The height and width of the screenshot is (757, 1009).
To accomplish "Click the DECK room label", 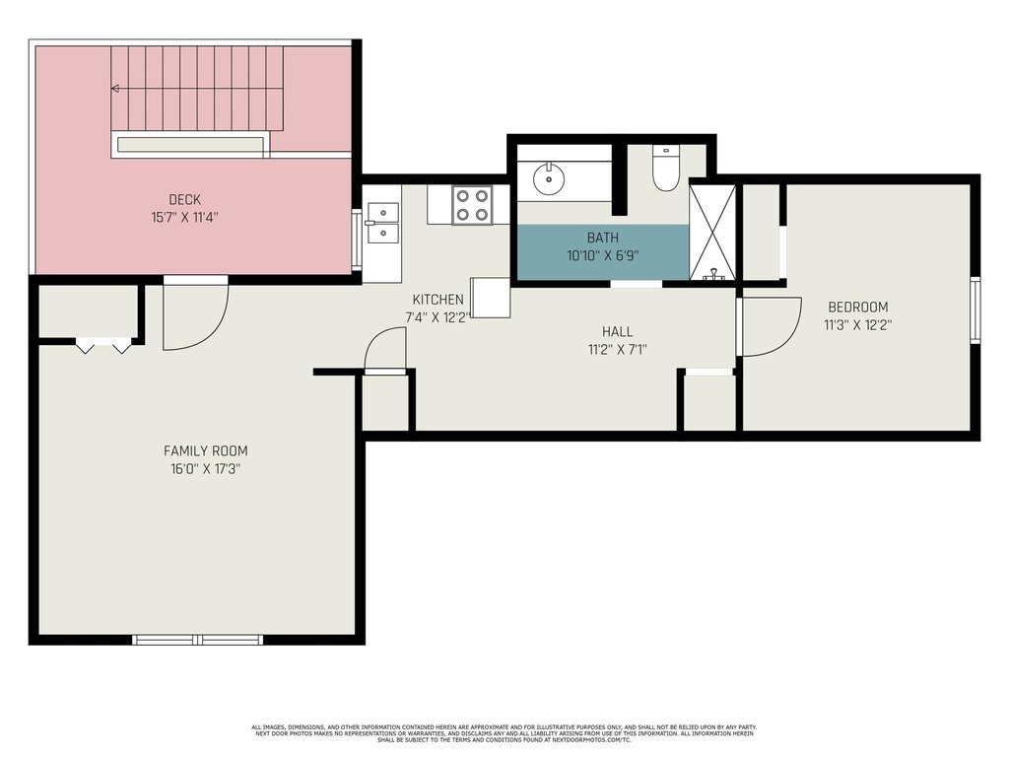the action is (x=184, y=199).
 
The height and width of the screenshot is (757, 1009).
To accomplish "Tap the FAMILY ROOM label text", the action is (x=205, y=450).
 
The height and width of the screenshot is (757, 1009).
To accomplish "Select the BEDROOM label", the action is (x=858, y=308).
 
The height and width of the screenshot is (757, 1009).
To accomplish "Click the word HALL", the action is (x=617, y=331).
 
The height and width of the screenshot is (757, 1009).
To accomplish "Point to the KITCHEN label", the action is (x=437, y=300).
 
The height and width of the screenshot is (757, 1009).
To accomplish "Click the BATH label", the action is (x=602, y=238).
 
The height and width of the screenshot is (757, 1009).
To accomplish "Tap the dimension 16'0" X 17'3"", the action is (x=205, y=468).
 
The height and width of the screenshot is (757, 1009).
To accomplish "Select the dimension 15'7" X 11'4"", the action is (x=184, y=218).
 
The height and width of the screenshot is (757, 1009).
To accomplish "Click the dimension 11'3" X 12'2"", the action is (x=858, y=325).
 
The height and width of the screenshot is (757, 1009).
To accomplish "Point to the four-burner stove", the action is (x=472, y=205).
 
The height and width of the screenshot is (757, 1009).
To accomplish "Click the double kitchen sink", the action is (x=383, y=223).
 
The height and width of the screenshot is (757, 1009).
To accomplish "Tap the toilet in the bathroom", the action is (x=665, y=169).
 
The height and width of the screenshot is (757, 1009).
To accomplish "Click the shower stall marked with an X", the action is (x=712, y=233).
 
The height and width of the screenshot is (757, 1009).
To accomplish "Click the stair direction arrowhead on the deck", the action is (x=114, y=88).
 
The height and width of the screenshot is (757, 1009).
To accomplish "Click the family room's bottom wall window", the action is (x=198, y=639).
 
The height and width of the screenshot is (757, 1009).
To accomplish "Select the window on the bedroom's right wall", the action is (x=975, y=310).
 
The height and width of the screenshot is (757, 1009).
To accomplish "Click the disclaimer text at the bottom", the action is (x=504, y=733).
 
